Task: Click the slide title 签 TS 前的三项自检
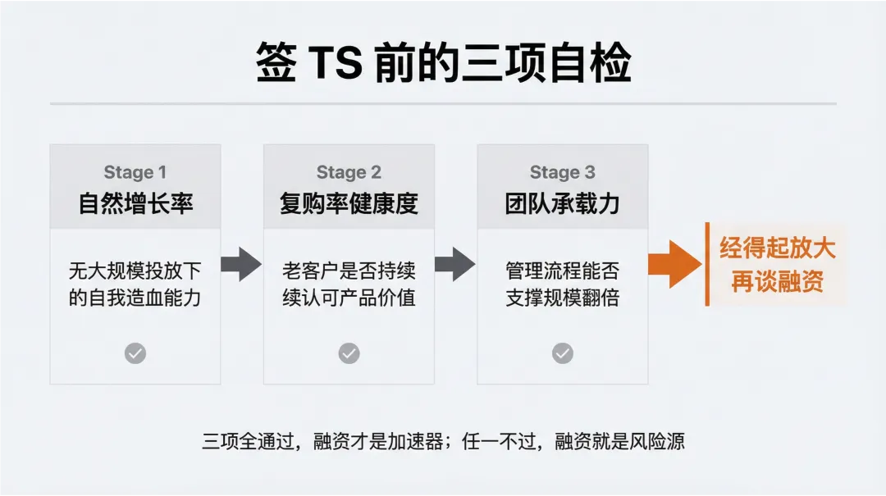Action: pyautogui.click(x=443, y=64)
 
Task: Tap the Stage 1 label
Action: pyautogui.click(x=135, y=172)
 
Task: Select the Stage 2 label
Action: pyautogui.click(x=349, y=172)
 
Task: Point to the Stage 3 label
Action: pyautogui.click(x=562, y=172)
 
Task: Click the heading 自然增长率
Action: pyautogui.click(x=135, y=203)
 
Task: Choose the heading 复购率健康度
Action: pyautogui.click(x=349, y=203)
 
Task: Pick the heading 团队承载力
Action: pyautogui.click(x=562, y=203)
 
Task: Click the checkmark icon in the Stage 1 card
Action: pyautogui.click(x=135, y=353)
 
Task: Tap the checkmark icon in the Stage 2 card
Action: pyautogui.click(x=349, y=353)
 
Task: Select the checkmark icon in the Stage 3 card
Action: pyautogui.click(x=562, y=353)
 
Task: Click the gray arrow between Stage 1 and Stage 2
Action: pyautogui.click(x=241, y=264)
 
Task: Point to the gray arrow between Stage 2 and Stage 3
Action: pyautogui.click(x=454, y=264)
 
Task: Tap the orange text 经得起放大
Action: pyautogui.click(x=777, y=248)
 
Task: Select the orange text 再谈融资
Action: pyautogui.click(x=777, y=282)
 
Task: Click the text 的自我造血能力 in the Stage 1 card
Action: pyautogui.click(x=135, y=297)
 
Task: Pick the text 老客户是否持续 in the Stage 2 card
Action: pyautogui.click(x=349, y=270)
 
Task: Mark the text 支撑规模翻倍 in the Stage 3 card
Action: pyautogui.click(x=562, y=297)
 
